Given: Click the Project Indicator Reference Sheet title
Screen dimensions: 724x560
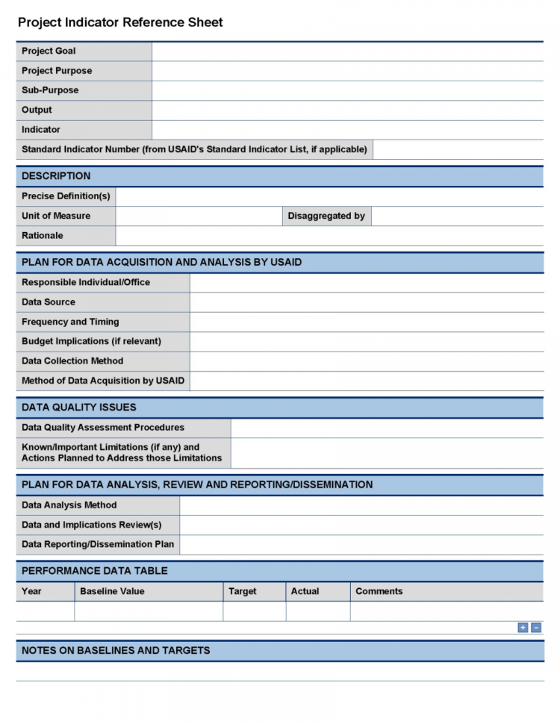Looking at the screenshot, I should pyautogui.click(x=120, y=22).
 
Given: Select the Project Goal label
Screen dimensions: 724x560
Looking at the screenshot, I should pyautogui.click(x=49, y=51).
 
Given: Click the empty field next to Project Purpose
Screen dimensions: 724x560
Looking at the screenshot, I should pyautogui.click(x=347, y=71).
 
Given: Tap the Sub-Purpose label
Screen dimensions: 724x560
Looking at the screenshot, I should pyautogui.click(x=50, y=90).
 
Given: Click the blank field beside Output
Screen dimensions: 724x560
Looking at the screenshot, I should pyautogui.click(x=347, y=110).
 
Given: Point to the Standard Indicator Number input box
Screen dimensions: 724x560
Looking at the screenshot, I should pyautogui.click(x=458, y=149).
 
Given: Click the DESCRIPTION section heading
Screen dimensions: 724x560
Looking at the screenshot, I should pyautogui.click(x=56, y=176).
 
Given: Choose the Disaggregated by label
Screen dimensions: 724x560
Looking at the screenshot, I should pyautogui.click(x=326, y=216).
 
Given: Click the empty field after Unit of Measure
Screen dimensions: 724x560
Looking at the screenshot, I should pyautogui.click(x=199, y=216).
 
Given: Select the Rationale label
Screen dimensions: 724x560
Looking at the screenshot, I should pyautogui.click(x=43, y=235).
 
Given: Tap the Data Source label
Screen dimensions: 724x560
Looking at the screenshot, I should pyautogui.click(x=49, y=302).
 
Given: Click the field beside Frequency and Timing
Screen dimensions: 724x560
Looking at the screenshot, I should pyautogui.click(x=366, y=322).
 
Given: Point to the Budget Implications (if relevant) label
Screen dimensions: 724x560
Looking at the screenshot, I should pyautogui.click(x=91, y=341).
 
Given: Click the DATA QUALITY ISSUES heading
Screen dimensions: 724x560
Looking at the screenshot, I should pyautogui.click(x=79, y=408).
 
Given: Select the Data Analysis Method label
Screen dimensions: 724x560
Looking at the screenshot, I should pyautogui.click(x=69, y=505).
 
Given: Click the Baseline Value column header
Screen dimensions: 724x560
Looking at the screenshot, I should pyautogui.click(x=112, y=591).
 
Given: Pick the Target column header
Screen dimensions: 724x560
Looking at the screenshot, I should pyautogui.click(x=243, y=591).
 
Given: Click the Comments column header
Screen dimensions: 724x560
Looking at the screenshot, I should pyautogui.click(x=379, y=591).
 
